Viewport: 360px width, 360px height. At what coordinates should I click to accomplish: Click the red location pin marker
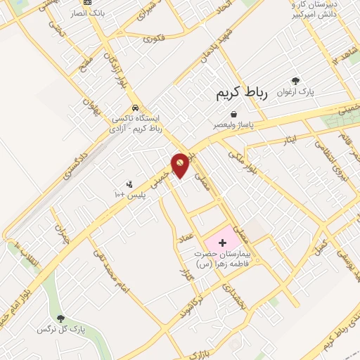[181, 165]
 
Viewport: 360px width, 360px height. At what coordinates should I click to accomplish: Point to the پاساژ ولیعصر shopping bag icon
[233, 114]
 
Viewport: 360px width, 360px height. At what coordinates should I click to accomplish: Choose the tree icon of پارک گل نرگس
[60, 319]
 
